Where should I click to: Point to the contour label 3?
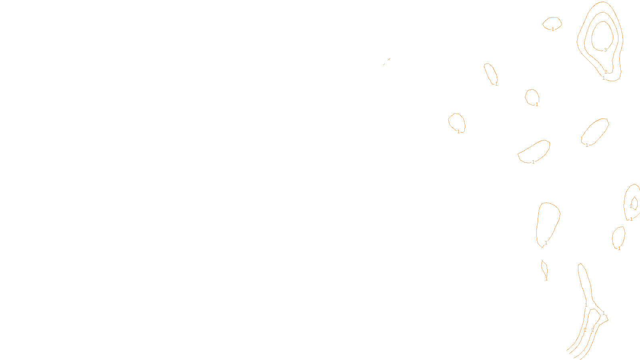(605, 50)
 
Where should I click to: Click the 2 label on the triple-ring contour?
(606, 72)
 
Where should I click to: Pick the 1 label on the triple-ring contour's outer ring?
(604, 78)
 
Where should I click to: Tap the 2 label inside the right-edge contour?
(631, 206)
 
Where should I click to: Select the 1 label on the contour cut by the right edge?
(631, 219)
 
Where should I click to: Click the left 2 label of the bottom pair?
(585, 330)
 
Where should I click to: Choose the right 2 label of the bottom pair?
(592, 330)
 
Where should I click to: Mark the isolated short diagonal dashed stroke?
(386, 61)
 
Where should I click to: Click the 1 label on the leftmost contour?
(458, 132)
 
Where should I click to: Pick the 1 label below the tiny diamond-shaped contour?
(546, 279)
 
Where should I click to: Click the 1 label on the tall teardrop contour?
(546, 243)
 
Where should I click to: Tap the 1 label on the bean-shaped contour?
(533, 162)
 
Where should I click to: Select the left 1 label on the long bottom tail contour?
(586, 305)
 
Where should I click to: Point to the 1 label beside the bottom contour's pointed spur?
(603, 313)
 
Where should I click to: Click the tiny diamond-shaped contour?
(544, 268)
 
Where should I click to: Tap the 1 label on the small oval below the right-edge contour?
(619, 248)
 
